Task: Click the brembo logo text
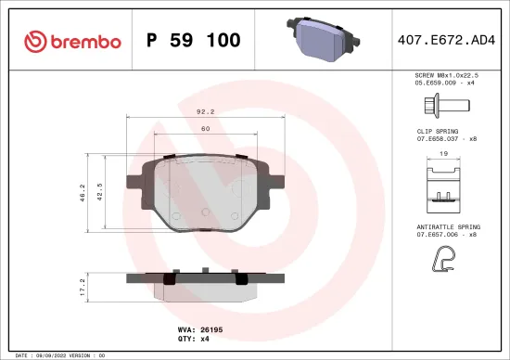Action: (x=74, y=41)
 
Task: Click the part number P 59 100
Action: (x=194, y=41)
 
